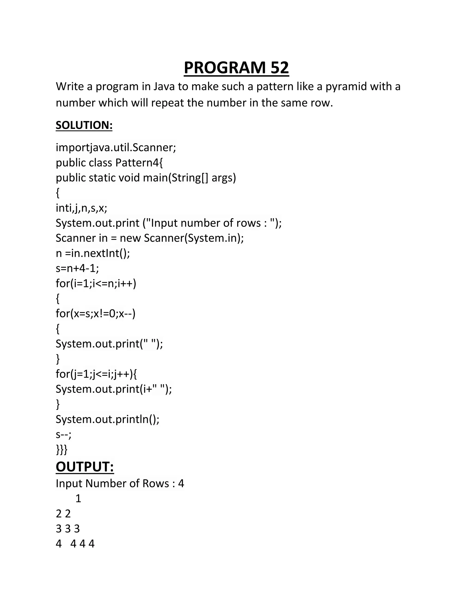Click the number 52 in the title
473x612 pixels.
(279, 68)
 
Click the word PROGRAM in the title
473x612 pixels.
(224, 68)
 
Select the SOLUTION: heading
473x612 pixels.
(84, 125)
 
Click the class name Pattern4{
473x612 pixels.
(139, 163)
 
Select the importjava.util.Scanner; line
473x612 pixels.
(116, 147)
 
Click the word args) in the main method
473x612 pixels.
(224, 178)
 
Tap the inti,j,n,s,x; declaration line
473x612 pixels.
(81, 208)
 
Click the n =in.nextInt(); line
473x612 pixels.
(93, 253)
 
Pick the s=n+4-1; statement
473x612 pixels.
(77, 268)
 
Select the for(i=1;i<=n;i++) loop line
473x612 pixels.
(96, 284)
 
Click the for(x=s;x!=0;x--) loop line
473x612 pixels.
(96, 314)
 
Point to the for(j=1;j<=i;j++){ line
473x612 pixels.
(96, 374)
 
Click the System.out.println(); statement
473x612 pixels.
(107, 419)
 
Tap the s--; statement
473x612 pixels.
(64, 435)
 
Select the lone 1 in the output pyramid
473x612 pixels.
(78, 499)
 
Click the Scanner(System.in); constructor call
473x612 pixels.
(194, 238)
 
